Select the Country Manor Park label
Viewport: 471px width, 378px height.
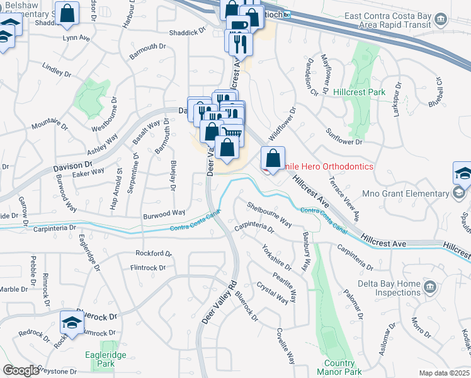(340, 367)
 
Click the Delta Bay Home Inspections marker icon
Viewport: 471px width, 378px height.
(431, 287)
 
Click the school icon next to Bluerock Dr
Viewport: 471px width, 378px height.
(72, 323)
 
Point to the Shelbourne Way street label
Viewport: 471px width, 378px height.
(269, 214)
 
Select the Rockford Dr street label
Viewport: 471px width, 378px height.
(153, 253)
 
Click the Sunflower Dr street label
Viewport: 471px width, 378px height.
(344, 137)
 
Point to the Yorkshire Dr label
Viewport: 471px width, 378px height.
(277, 257)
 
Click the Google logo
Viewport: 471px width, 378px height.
(21, 370)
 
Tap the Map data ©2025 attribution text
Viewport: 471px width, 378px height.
(444, 373)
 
